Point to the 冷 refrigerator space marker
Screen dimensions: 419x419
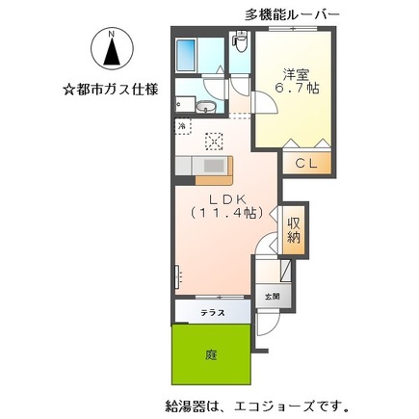pyautogui.click(x=182, y=126)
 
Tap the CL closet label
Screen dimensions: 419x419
pyautogui.click(x=306, y=163)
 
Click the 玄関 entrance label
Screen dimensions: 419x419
pyautogui.click(x=273, y=297)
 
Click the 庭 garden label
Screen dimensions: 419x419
pyautogui.click(x=211, y=354)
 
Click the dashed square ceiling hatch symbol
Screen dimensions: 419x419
pyautogui.click(x=214, y=140)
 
